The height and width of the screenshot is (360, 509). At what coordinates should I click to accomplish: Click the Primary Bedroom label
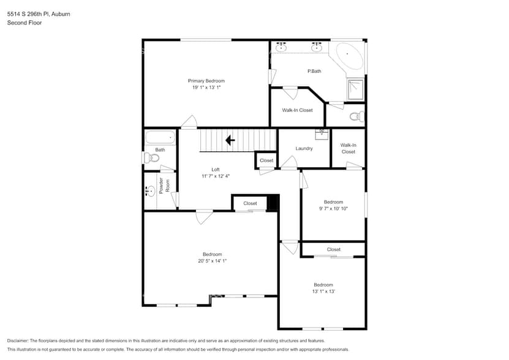coord(206,81)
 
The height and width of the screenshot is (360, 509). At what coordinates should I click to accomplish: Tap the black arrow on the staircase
coord(230,140)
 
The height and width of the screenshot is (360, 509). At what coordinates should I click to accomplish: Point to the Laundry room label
coord(304,148)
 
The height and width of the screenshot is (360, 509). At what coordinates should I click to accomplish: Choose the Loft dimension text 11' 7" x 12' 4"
coord(215,176)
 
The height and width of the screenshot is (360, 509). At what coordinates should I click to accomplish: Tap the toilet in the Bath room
coord(153,158)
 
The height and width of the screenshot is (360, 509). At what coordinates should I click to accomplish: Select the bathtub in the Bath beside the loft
coord(160,138)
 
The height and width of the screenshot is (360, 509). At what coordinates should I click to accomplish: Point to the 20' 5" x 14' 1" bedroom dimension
coord(212,261)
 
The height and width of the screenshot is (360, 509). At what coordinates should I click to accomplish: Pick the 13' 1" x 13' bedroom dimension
coord(323,291)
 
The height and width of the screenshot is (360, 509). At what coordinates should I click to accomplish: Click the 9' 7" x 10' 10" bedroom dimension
coord(333,209)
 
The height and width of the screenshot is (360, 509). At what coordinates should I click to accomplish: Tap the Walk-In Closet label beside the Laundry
coord(348,148)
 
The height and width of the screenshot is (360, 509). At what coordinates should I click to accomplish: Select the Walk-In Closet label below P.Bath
coord(297,110)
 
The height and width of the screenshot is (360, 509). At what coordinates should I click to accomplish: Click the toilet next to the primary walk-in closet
coord(355,116)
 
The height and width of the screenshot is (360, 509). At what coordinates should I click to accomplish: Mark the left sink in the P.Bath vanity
coord(282,48)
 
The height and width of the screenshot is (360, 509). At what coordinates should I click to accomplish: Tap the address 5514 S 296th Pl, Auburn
coord(38,13)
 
